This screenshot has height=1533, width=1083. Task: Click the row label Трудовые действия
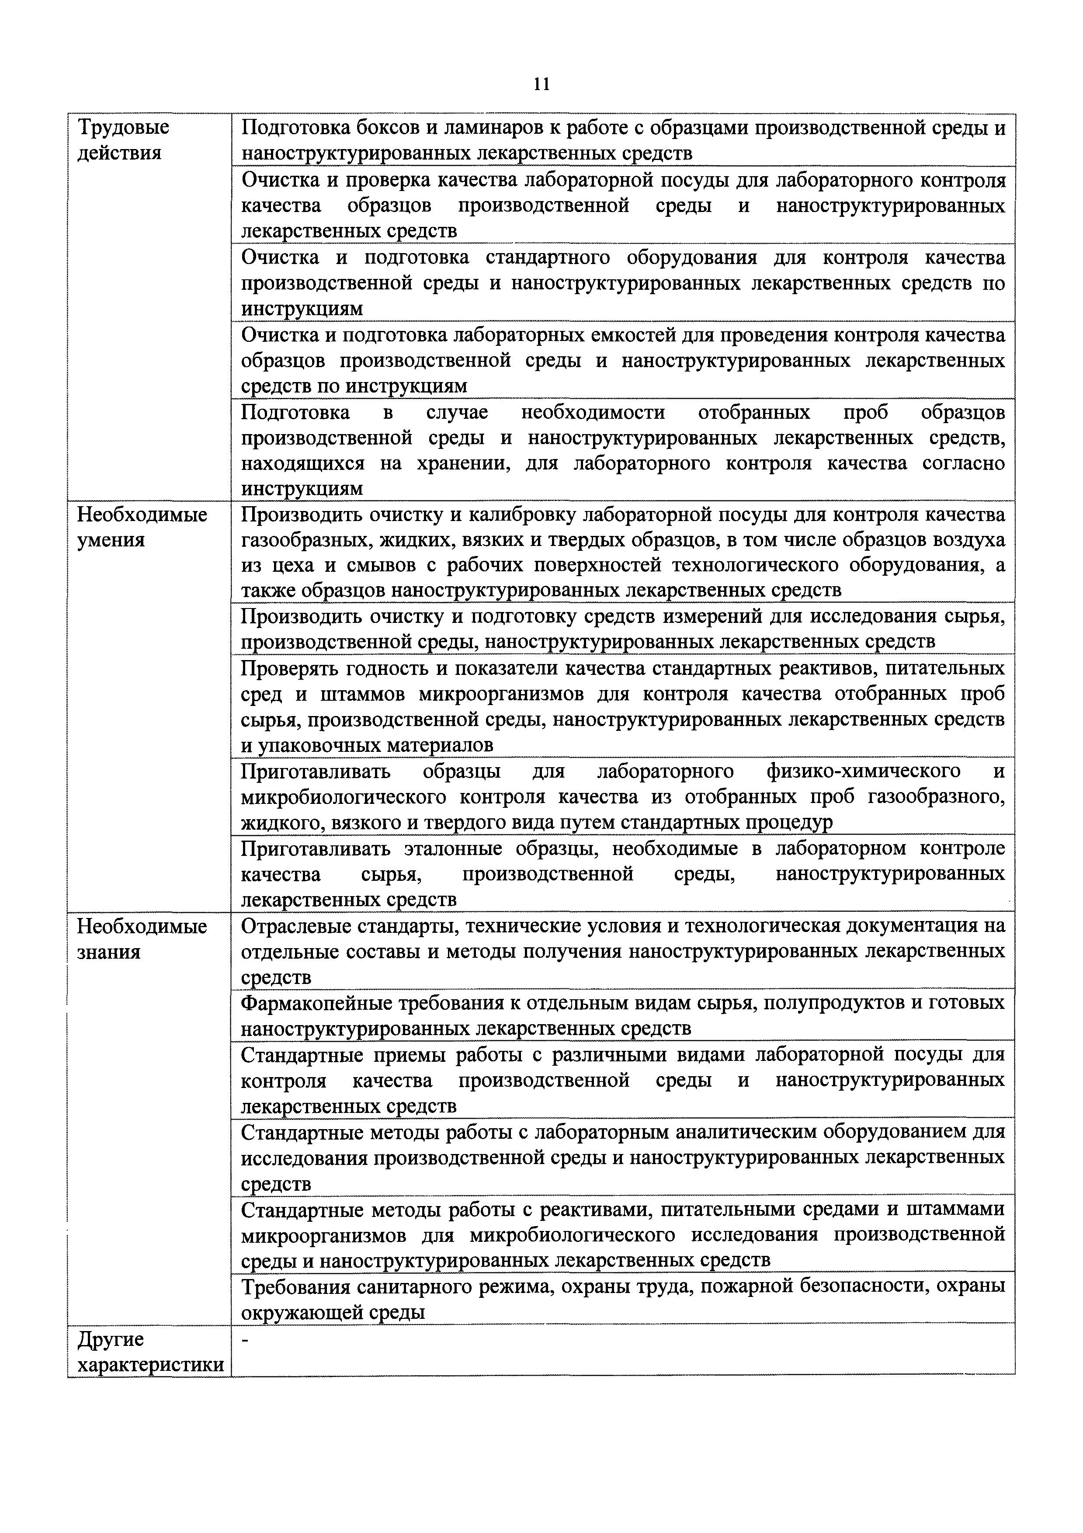click(x=124, y=140)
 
